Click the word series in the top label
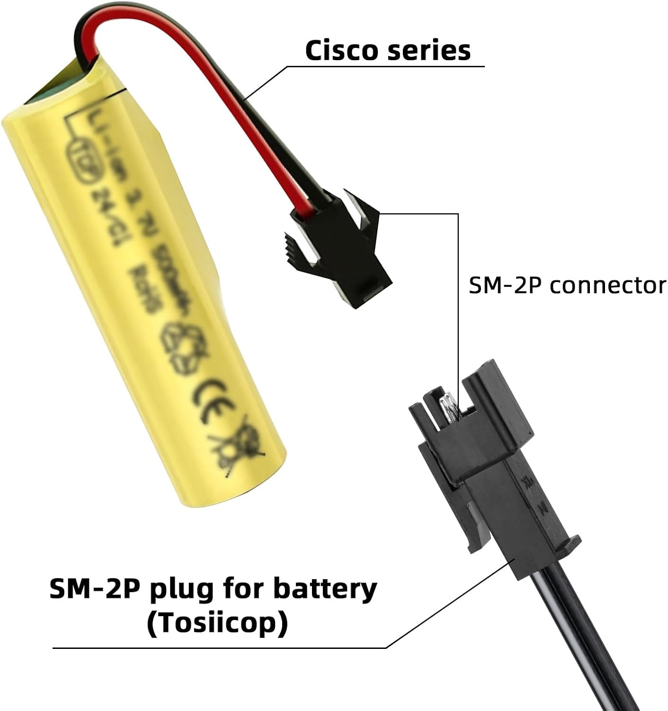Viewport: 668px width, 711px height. (x=429, y=51)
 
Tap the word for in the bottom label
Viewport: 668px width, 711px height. (x=246, y=589)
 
